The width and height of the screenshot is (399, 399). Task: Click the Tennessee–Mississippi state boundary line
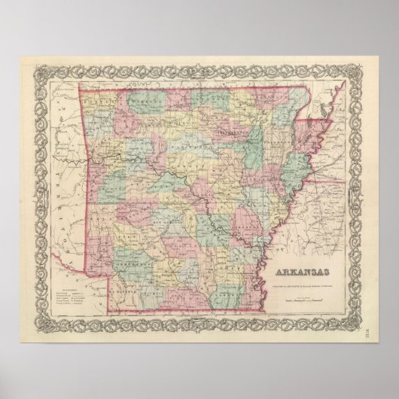316,181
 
